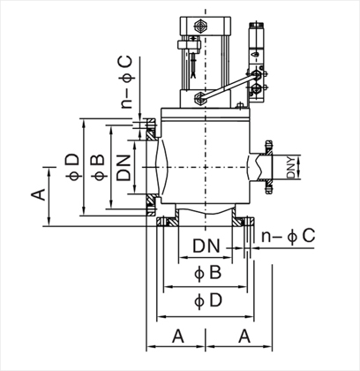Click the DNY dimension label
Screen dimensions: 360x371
pyautogui.click(x=291, y=168)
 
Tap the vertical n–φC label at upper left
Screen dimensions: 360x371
pyautogui.click(x=127, y=82)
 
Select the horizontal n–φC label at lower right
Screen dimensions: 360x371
pyautogui.click(x=289, y=236)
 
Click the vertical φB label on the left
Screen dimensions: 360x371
pyautogui.click(x=98, y=167)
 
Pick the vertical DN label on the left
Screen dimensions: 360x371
pyautogui.click(x=124, y=168)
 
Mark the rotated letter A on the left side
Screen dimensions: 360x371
pyautogui.click(x=39, y=194)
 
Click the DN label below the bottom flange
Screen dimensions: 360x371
pyautogui.click(x=206, y=246)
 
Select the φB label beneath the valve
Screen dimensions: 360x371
pyautogui.click(x=207, y=273)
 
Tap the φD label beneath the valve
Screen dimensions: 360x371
pyautogui.click(x=208, y=300)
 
